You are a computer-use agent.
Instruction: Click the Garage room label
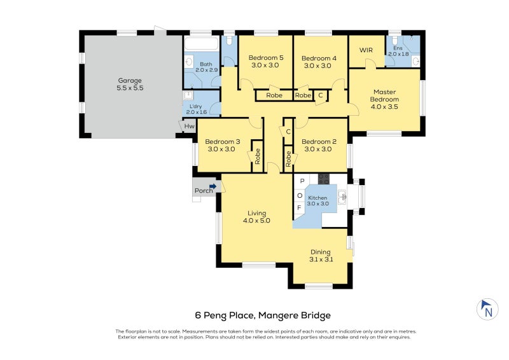(129, 85)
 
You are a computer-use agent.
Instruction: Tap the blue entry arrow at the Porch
(214, 186)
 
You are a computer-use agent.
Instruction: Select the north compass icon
(487, 309)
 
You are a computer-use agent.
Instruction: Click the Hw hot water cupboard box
(189, 127)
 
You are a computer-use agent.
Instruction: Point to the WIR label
(366, 50)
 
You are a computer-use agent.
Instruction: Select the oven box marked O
(300, 195)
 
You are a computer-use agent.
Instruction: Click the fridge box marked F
(300, 208)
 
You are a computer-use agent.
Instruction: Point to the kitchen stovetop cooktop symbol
(323, 179)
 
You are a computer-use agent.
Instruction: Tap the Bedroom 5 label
(265, 61)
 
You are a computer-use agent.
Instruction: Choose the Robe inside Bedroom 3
(257, 156)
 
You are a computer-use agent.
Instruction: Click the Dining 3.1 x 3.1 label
(321, 255)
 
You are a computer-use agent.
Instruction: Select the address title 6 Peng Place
(263, 315)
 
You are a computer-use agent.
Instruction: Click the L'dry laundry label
(197, 108)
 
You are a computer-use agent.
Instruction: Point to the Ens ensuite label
(399, 50)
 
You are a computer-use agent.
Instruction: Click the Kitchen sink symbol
(342, 197)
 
